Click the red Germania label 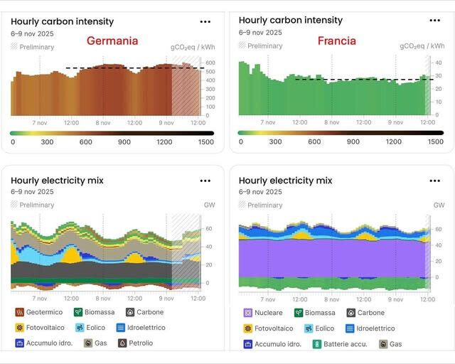pos(112,41)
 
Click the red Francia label pos(336,41)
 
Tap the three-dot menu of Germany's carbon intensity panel pos(205,22)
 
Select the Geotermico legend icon pos(20,312)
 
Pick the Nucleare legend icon pos(248,313)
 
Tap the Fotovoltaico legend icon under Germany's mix pos(20,328)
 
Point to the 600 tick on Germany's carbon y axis pos(210,63)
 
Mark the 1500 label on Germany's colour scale pos(205,141)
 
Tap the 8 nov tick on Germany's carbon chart pos(102,122)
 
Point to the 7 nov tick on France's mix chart pos(268,299)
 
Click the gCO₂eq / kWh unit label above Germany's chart pos(192,46)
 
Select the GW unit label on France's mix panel pos(439,205)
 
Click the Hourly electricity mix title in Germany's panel pos(57,181)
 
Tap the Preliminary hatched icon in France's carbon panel pos(242,45)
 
